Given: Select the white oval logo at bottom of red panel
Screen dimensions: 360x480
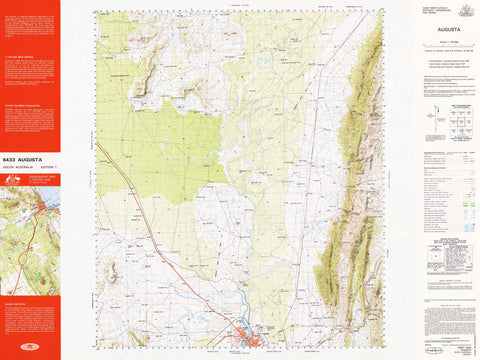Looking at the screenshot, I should pyautogui.click(x=29, y=347).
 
